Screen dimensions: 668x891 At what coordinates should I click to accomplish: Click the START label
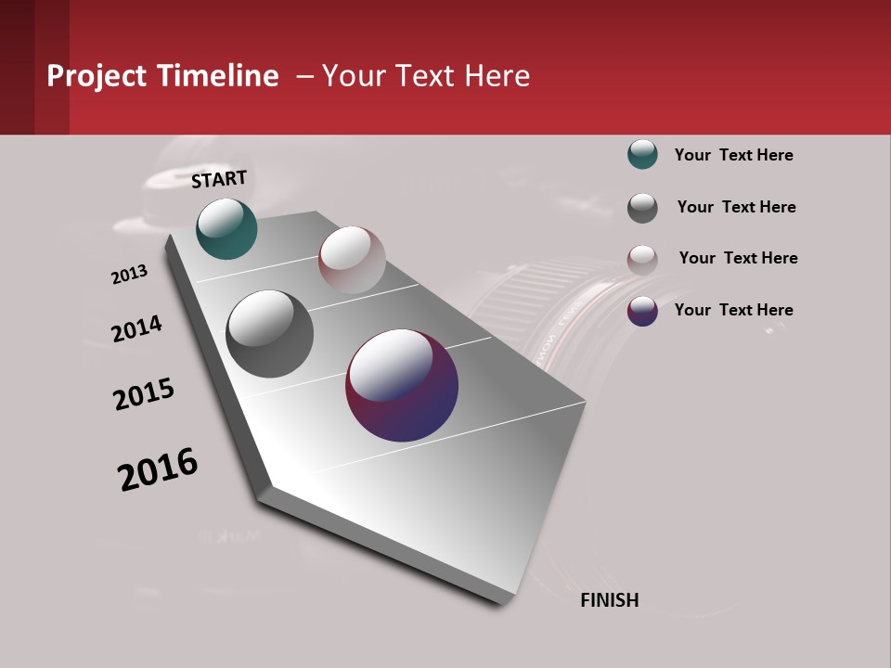pyautogui.click(x=219, y=179)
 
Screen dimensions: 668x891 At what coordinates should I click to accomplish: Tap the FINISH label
pyautogui.click(x=609, y=600)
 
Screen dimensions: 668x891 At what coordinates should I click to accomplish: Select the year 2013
pyautogui.click(x=130, y=275)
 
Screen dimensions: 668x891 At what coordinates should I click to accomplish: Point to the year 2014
pyautogui.click(x=137, y=328)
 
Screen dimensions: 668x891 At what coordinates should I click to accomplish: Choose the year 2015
pyautogui.click(x=144, y=394)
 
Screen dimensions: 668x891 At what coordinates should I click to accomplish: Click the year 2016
pyautogui.click(x=158, y=469)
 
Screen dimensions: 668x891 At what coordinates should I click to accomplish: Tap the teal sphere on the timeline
pyautogui.click(x=226, y=229)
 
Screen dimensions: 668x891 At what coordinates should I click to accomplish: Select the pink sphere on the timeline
pyautogui.click(x=352, y=260)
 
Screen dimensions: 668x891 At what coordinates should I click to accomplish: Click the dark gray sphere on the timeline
pyautogui.click(x=270, y=333)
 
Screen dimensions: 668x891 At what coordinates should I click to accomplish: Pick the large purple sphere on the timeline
pyautogui.click(x=402, y=385)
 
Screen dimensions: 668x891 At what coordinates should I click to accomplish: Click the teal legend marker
pyautogui.click(x=642, y=155)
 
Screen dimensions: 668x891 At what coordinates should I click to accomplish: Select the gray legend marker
pyautogui.click(x=642, y=207)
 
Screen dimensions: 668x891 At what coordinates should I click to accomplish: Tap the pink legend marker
pyautogui.click(x=642, y=259)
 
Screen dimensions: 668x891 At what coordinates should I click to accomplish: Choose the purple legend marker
pyautogui.click(x=642, y=311)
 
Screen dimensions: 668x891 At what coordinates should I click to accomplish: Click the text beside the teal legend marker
pyautogui.click(x=733, y=155)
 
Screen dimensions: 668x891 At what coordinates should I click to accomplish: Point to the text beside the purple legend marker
pyautogui.click(x=733, y=310)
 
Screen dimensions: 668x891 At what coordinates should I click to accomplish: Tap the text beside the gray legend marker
pyautogui.click(x=736, y=207)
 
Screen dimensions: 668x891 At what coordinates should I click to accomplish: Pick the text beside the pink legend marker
pyautogui.click(x=738, y=258)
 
